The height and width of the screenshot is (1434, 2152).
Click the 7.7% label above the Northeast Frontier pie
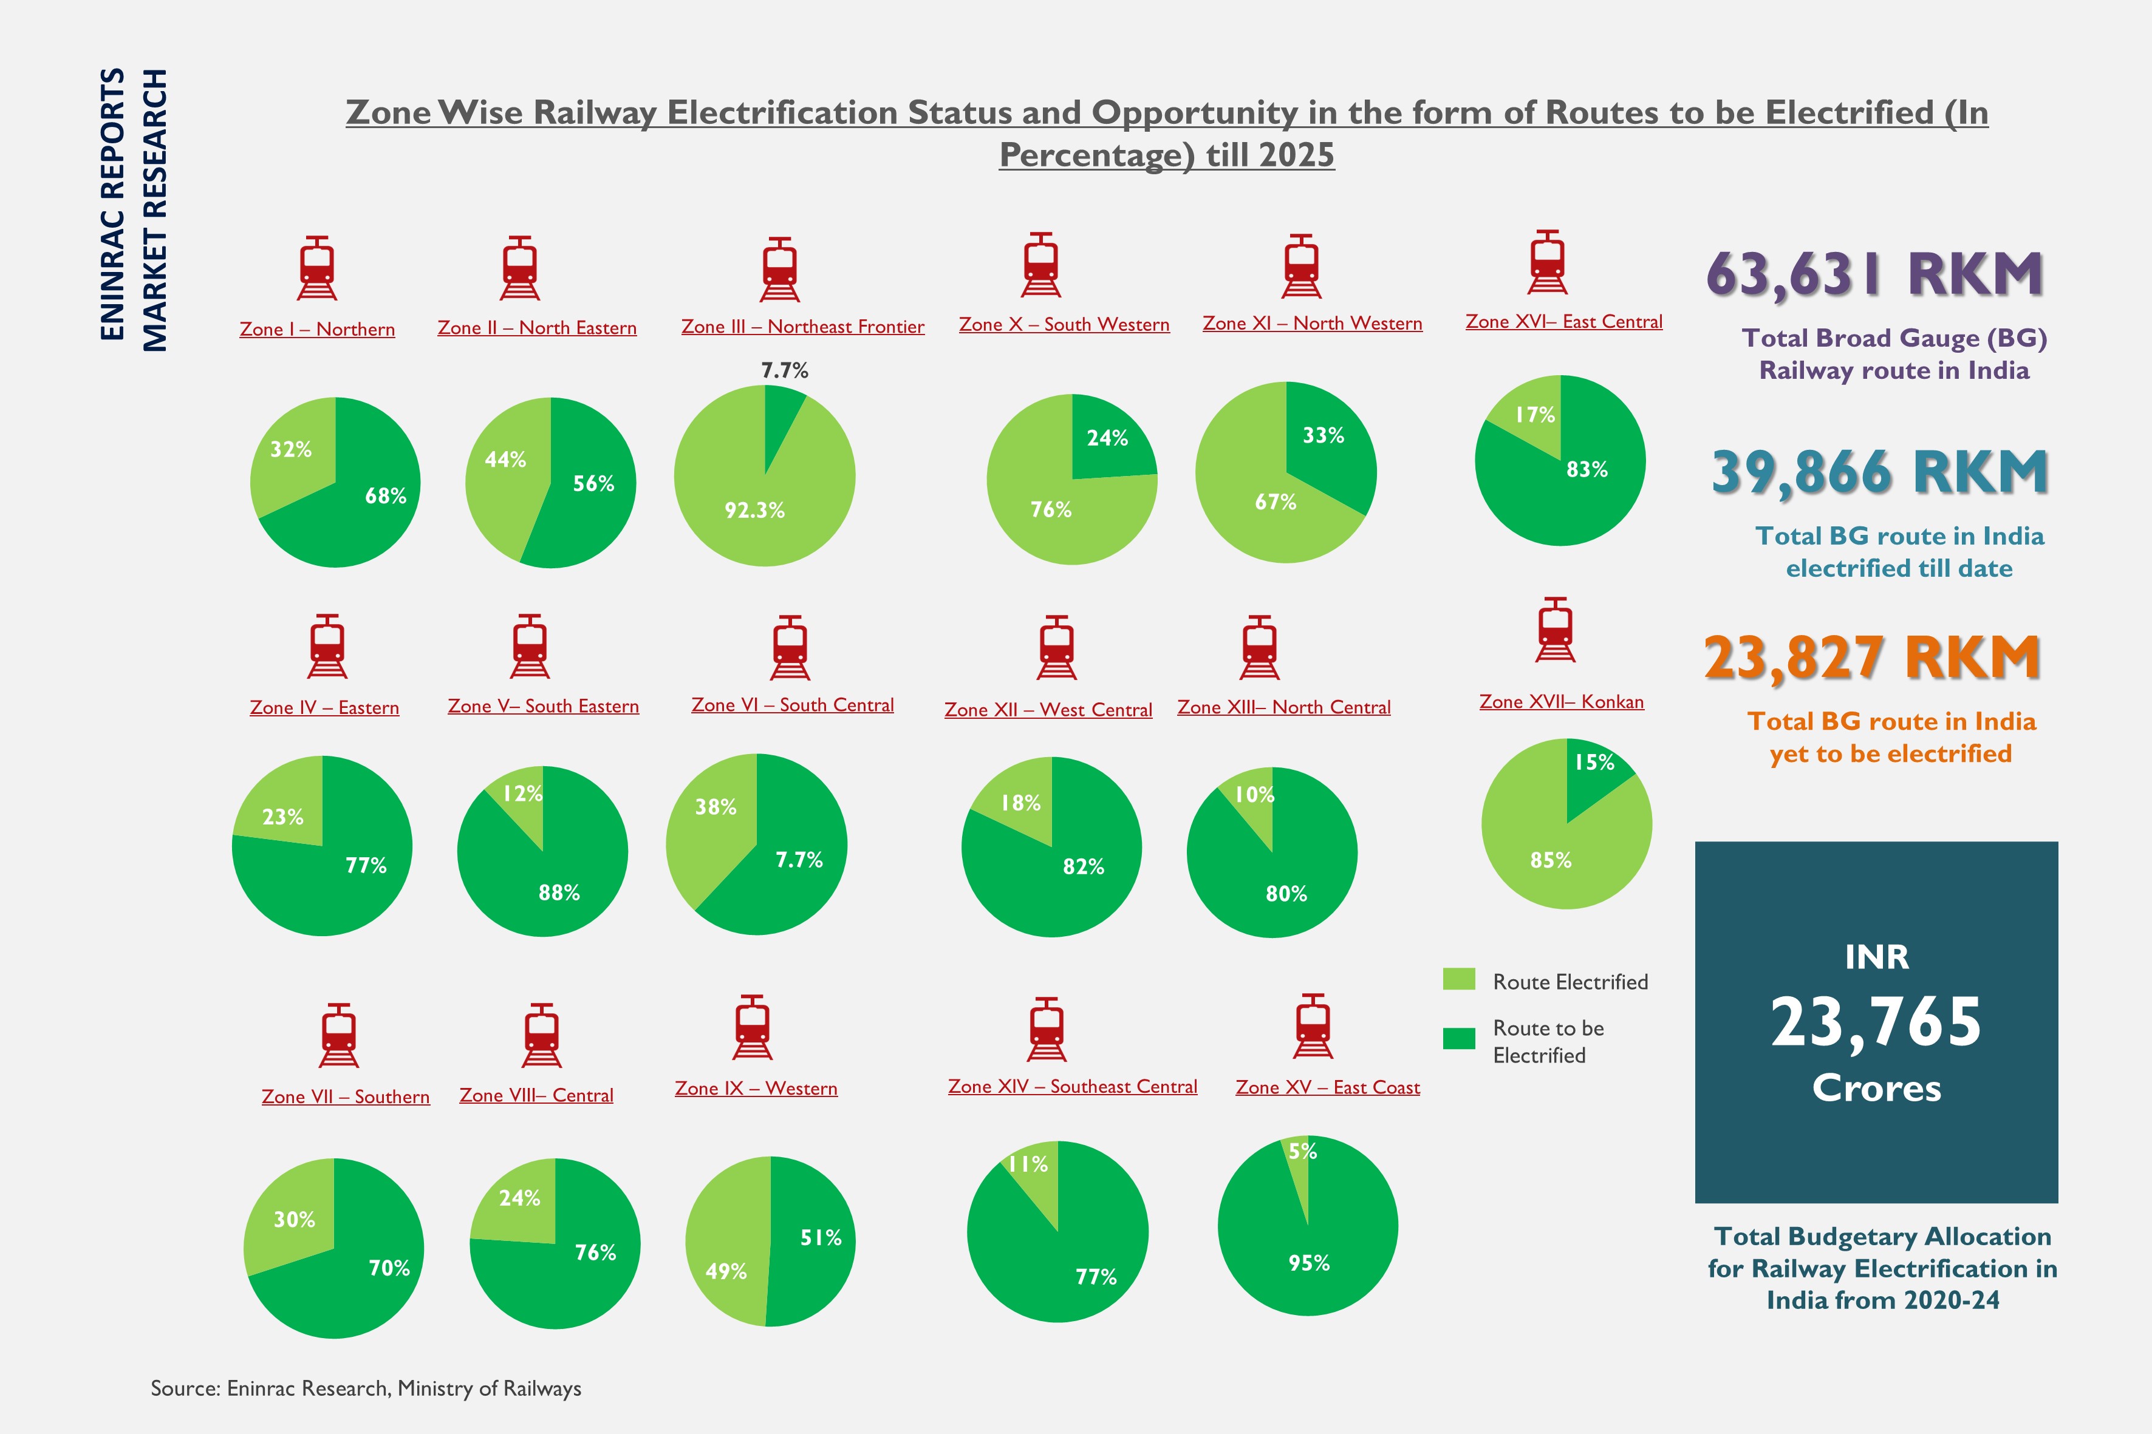[784, 370]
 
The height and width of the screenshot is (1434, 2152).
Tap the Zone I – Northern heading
[316, 329]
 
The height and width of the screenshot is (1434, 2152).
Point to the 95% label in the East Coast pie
[1308, 1263]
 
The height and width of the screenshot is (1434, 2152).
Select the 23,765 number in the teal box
[1876, 1022]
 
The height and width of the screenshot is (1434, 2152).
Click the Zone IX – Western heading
[756, 1089]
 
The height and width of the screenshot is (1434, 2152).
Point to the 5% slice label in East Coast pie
[1302, 1152]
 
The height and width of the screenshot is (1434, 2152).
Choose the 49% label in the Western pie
[726, 1271]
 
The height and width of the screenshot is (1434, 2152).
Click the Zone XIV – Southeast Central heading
[1072, 1087]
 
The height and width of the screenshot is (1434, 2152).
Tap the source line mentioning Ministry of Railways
[366, 1388]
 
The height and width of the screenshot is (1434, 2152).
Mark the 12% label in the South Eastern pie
[522, 793]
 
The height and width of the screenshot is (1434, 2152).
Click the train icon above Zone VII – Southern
[338, 1035]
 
